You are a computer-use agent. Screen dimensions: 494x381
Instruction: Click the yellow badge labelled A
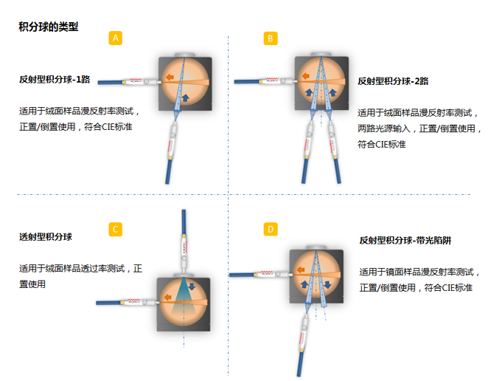(115, 38)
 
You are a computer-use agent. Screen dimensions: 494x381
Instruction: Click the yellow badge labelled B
(271, 38)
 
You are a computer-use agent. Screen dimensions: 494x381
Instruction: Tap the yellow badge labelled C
(115, 230)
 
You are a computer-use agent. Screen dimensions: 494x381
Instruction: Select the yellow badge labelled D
(271, 230)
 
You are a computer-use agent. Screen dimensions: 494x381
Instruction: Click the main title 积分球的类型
(48, 27)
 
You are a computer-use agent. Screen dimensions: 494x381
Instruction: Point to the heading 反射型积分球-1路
(55, 79)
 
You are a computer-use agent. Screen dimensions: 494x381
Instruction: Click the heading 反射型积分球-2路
(393, 81)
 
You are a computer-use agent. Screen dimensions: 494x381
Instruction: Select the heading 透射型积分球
(46, 236)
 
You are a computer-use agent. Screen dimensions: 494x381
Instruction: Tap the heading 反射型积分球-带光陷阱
(406, 240)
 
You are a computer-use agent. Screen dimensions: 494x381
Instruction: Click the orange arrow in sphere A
(170, 77)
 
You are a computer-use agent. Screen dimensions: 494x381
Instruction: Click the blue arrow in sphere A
(186, 97)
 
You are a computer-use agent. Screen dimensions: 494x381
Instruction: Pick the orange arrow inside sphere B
(305, 76)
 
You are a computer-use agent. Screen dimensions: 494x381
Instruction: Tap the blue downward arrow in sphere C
(192, 286)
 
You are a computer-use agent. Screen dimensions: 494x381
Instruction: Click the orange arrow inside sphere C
(168, 297)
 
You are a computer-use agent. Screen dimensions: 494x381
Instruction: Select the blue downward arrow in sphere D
(327, 284)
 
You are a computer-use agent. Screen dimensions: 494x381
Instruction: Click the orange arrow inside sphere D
(301, 270)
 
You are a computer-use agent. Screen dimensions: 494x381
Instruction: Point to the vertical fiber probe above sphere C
(184, 241)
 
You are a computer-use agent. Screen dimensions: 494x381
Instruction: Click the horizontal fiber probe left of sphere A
(129, 82)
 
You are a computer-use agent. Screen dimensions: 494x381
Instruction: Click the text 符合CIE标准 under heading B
(381, 144)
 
